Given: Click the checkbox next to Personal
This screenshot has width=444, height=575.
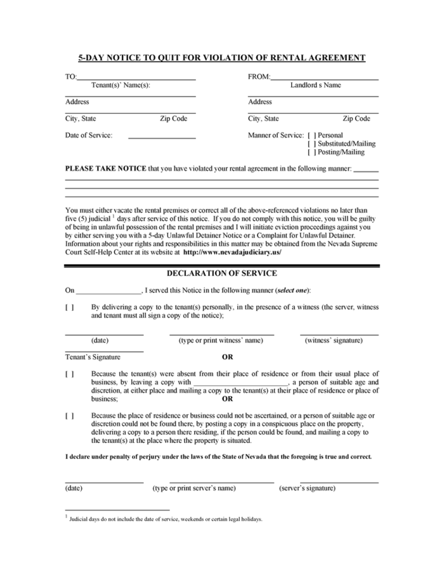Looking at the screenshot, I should click(x=311, y=135).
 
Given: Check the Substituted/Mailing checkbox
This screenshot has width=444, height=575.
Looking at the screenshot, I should click(x=311, y=143).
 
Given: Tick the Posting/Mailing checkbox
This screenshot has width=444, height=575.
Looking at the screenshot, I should click(x=311, y=152).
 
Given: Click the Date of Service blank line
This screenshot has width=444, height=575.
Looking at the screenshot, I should click(x=162, y=137).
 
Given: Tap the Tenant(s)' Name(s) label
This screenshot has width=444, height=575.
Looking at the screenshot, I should click(x=121, y=85).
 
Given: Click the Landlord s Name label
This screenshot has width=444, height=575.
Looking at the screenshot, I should click(x=315, y=85).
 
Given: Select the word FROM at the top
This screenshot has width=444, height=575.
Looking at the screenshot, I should click(x=258, y=77).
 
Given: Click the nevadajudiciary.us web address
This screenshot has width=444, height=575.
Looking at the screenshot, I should click(x=232, y=252).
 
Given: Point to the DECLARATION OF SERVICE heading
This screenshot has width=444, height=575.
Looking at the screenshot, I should click(x=221, y=274).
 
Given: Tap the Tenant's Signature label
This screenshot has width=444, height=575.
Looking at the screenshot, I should click(x=93, y=357).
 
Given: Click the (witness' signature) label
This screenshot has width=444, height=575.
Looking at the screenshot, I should click(x=334, y=340).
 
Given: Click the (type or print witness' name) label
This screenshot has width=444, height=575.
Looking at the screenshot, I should click(x=221, y=340).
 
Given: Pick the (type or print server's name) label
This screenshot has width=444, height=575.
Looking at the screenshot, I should click(x=194, y=488).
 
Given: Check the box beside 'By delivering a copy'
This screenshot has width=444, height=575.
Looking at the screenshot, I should click(x=69, y=307).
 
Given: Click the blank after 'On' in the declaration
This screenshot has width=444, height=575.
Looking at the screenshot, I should click(x=108, y=291).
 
